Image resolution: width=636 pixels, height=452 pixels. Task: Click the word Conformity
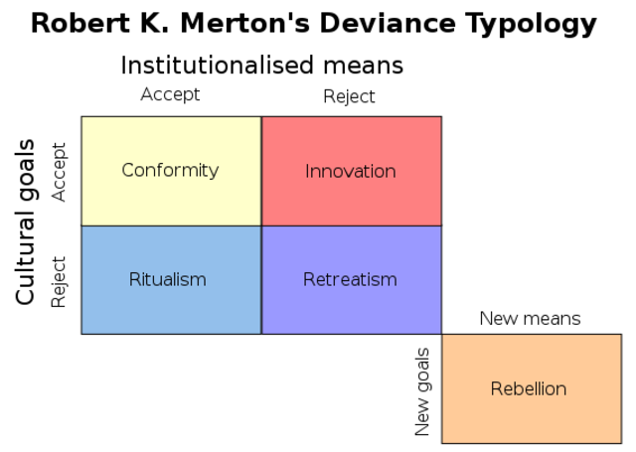click(x=170, y=170)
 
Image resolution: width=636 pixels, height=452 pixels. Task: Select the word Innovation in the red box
click(x=350, y=171)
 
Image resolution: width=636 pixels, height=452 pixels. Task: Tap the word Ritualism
click(x=168, y=279)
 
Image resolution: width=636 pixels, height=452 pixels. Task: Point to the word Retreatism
click(x=350, y=279)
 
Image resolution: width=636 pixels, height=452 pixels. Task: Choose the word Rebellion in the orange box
click(x=529, y=388)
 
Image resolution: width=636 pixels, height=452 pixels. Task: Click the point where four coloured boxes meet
click(x=261, y=226)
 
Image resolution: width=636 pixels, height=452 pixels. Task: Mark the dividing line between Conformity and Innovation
click(x=261, y=171)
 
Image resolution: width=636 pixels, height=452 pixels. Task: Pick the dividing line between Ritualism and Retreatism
click(x=261, y=280)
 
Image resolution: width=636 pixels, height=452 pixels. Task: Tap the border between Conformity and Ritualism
click(x=171, y=226)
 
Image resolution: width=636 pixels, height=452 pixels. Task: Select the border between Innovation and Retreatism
click(x=351, y=226)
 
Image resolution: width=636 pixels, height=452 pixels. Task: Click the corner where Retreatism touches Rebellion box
click(x=441, y=334)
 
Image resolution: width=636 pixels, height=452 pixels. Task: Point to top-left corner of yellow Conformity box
click(x=81, y=117)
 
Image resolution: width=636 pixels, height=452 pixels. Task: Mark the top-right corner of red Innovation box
click(x=440, y=117)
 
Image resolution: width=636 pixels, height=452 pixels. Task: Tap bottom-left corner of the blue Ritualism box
click(x=81, y=333)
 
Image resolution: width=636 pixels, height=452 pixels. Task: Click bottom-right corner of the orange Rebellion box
click(x=620, y=442)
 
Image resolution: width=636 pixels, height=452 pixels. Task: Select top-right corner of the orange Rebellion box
click(x=620, y=335)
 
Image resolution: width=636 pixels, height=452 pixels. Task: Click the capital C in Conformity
click(x=127, y=170)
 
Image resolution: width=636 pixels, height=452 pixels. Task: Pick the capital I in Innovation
click(x=307, y=171)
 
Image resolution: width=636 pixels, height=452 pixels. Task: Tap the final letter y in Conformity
click(x=214, y=172)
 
